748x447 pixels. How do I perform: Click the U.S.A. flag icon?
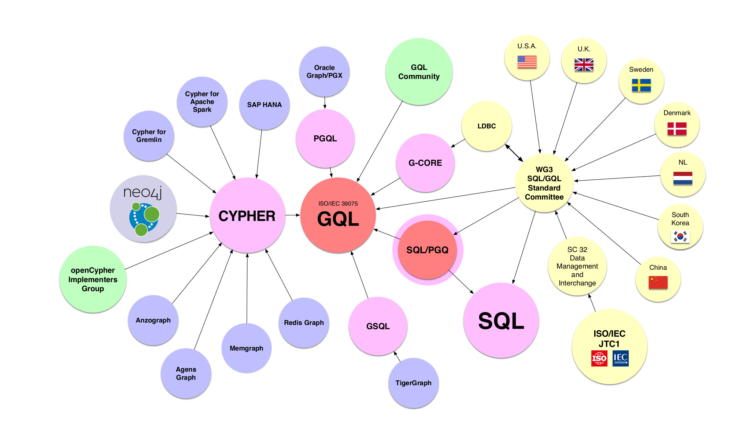click(527, 62)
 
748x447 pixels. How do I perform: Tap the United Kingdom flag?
click(584, 65)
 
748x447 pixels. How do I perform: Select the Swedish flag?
click(641, 85)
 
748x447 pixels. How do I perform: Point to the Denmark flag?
click(677, 129)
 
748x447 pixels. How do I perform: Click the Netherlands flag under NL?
click(683, 178)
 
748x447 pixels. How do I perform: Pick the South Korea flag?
click(680, 236)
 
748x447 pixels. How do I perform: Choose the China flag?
click(658, 282)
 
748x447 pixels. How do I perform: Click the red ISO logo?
click(599, 358)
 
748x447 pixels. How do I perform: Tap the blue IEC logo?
click(620, 358)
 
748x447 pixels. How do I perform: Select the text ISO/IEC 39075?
click(338, 204)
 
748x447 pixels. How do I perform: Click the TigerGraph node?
click(413, 383)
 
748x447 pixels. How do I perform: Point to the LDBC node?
click(486, 126)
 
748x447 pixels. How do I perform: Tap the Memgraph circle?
click(246, 348)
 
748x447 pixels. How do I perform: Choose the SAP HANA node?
click(264, 105)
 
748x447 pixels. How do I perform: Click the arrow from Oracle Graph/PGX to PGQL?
click(325, 103)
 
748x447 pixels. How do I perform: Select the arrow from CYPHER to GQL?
click(292, 215)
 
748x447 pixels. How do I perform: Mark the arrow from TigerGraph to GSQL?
click(397, 357)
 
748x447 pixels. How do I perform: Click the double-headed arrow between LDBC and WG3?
click(514, 153)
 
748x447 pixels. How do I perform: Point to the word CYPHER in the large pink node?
click(247, 216)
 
